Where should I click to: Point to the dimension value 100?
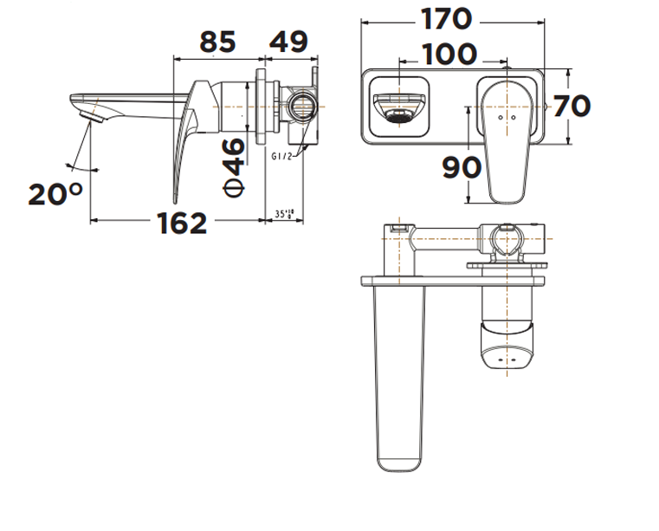point(449,55)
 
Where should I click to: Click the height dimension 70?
point(572,106)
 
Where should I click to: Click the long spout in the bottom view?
point(401,372)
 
